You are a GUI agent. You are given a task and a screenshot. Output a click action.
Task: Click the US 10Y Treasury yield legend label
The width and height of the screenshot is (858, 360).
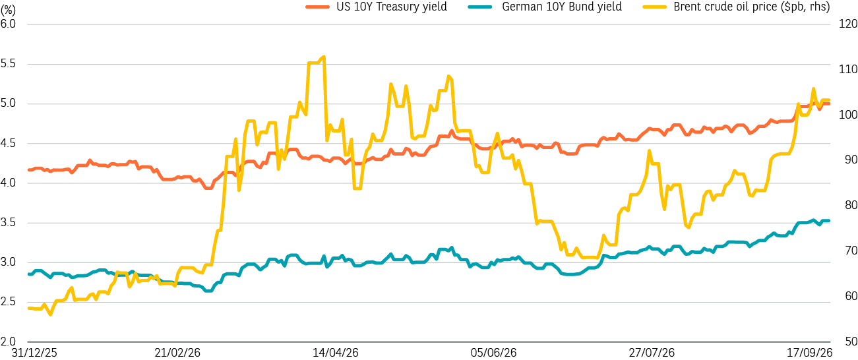(x=392, y=7)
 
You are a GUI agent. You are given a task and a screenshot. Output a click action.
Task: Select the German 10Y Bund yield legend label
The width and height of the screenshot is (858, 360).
(x=562, y=7)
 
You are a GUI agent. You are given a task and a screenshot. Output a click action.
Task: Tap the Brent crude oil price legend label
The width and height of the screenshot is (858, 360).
(x=752, y=7)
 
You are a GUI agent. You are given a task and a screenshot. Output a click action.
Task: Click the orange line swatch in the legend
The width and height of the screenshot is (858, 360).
(x=317, y=7)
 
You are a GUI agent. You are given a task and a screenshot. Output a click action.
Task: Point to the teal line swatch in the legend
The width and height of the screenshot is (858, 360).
(x=480, y=7)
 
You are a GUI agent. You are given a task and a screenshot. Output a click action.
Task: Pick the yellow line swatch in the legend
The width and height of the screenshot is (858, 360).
(x=655, y=7)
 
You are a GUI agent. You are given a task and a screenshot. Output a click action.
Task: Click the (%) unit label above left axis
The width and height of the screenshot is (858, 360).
(x=8, y=11)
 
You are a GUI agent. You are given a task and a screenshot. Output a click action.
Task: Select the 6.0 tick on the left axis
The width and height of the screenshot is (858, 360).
(x=8, y=24)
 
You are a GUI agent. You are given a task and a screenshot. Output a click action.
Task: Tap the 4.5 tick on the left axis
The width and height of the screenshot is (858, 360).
(x=8, y=143)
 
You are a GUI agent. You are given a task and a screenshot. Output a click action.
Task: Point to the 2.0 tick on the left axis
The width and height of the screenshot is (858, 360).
(x=8, y=342)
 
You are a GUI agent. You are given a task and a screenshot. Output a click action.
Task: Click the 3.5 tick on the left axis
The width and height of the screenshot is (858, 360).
(x=8, y=222)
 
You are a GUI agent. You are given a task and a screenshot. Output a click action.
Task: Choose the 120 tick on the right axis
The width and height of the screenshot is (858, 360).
(x=847, y=24)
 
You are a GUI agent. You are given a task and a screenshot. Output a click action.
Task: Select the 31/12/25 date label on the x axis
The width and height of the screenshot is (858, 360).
(x=34, y=353)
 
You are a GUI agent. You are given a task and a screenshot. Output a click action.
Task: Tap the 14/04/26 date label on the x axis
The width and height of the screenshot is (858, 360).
(x=336, y=353)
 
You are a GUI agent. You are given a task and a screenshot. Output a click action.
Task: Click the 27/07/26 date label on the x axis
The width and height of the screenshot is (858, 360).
(x=652, y=353)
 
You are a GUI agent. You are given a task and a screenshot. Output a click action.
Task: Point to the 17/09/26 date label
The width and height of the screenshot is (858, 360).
(x=809, y=353)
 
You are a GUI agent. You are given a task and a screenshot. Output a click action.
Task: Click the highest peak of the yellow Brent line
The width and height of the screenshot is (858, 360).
(x=324, y=57)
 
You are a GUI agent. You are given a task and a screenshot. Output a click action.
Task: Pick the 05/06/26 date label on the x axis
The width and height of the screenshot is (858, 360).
(x=493, y=353)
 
